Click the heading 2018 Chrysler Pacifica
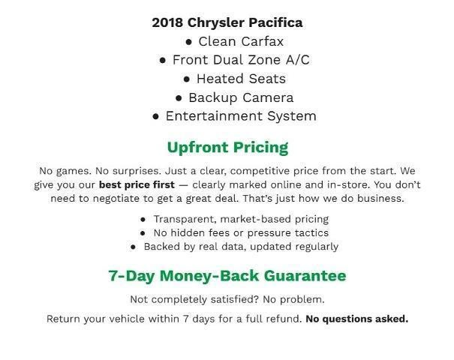227,22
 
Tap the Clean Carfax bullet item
234,41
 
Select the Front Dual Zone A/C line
234,60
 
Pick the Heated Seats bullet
234,79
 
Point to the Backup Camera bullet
234,97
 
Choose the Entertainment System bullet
234,116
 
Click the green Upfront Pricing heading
227,147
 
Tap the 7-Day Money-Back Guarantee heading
227,276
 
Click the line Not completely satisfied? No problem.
227,300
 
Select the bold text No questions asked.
356,319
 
